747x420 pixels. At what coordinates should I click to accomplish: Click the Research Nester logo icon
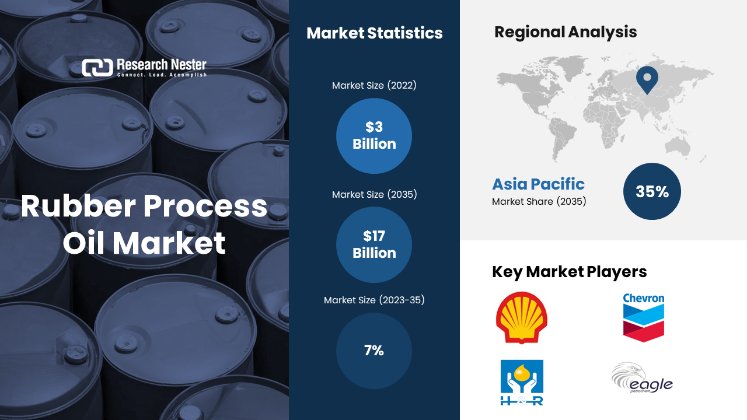point(97,68)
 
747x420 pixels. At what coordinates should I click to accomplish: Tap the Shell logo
point(522,318)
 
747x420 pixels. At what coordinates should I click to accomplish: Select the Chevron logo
point(644,317)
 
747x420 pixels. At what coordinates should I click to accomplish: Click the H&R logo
point(522,382)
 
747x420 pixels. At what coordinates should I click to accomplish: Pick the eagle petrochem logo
point(642,378)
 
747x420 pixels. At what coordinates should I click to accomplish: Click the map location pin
point(647,80)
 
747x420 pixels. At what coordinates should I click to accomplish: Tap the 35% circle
point(652,191)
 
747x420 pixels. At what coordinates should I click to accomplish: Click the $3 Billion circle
point(374,136)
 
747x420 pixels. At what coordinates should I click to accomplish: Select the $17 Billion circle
point(374,244)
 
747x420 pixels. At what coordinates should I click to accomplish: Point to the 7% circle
point(374,351)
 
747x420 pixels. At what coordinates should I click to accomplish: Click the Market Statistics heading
point(375,33)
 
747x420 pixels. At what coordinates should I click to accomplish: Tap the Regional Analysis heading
point(566,33)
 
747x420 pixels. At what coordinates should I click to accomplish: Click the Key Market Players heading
point(569,272)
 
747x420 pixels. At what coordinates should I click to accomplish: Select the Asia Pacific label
point(538,184)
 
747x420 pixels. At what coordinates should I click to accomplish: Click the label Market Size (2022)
point(374,85)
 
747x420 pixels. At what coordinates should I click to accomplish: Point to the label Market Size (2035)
point(374,194)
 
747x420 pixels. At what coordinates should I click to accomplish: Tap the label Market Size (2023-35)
point(374,300)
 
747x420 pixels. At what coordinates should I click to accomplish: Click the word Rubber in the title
point(78,206)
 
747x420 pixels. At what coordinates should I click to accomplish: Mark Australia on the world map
point(678,147)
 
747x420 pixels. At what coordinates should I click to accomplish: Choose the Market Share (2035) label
point(539,202)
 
